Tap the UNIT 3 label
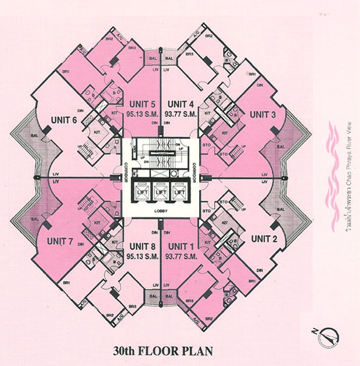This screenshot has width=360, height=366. pyautogui.click(x=263, y=114)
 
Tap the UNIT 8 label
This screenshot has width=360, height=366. pyautogui.click(x=143, y=245)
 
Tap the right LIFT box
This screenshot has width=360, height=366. pyautogui.click(x=180, y=191)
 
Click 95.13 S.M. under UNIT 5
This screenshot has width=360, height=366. pyautogui.click(x=141, y=114)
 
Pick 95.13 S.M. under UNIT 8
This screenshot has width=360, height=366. pyautogui.click(x=143, y=254)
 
